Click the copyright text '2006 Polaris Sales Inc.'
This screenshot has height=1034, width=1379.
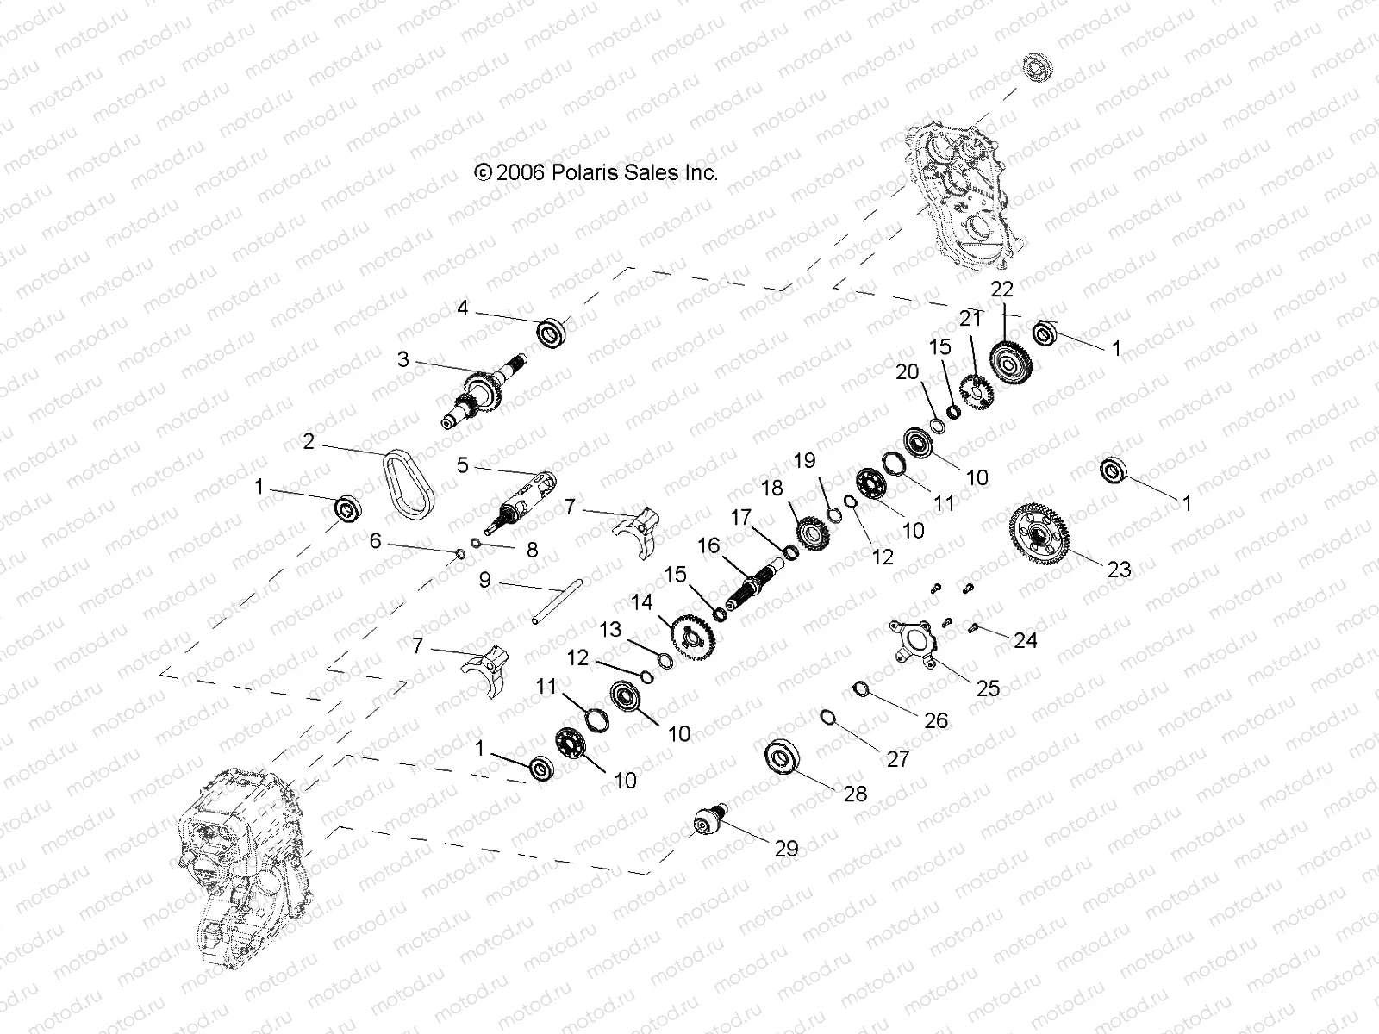click(596, 172)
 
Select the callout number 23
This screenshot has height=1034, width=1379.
click(1120, 570)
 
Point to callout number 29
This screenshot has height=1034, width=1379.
click(787, 849)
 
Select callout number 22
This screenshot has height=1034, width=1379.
click(1002, 289)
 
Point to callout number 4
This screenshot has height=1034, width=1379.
click(463, 308)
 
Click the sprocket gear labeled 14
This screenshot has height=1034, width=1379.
click(696, 636)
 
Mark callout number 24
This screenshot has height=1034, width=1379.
click(1026, 640)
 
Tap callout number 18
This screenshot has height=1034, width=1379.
click(772, 489)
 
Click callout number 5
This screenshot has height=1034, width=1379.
click(463, 466)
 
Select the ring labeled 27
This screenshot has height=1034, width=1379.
click(828, 717)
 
